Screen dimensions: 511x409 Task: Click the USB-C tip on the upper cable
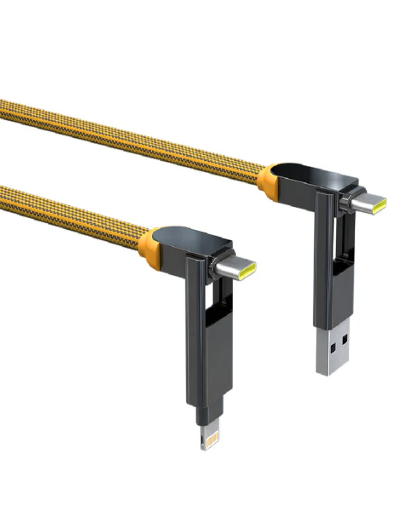click(368, 204)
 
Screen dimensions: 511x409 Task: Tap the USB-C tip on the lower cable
click(237, 271)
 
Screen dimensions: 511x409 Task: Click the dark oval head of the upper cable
click(311, 178)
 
